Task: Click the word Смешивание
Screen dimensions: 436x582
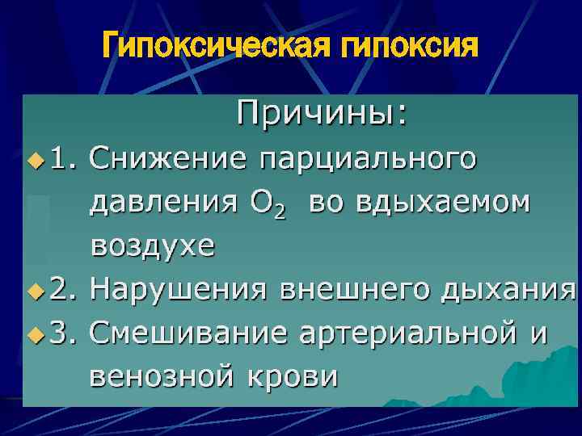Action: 188,332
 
